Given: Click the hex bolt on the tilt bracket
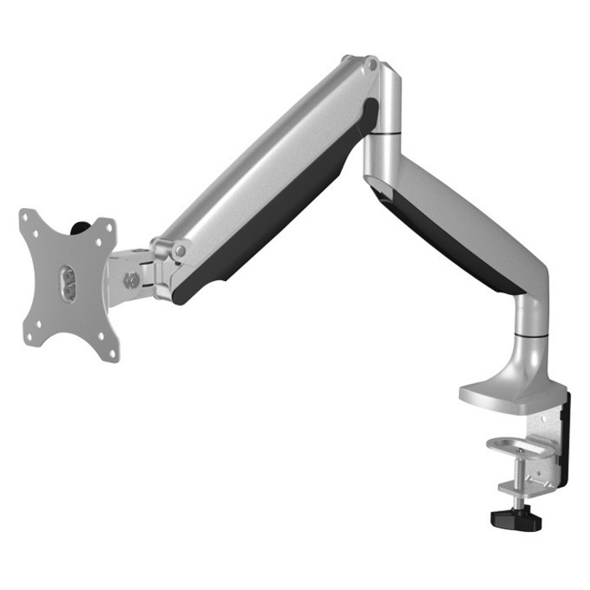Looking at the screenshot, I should coord(129,279).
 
